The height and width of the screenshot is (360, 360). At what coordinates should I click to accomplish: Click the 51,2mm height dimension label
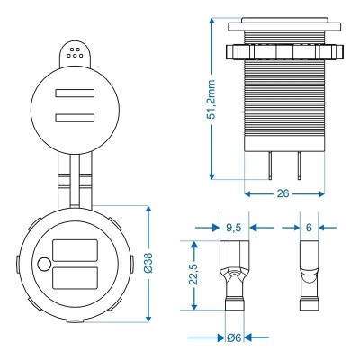[212, 98]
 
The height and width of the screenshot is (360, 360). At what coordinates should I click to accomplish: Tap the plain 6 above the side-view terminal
[308, 229]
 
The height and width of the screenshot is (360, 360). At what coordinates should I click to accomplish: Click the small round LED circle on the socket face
[44, 265]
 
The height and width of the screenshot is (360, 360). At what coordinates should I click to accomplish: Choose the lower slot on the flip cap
[72, 116]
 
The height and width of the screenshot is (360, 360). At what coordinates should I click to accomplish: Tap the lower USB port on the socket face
[74, 279]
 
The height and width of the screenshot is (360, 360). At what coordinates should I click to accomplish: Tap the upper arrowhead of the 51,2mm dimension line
[211, 20]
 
